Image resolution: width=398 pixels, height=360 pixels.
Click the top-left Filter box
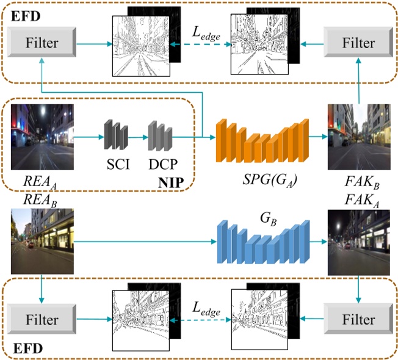42,43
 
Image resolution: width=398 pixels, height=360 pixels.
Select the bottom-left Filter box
42,319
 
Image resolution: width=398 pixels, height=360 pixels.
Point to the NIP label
173,181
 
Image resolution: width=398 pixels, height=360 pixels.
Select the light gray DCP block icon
160,135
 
